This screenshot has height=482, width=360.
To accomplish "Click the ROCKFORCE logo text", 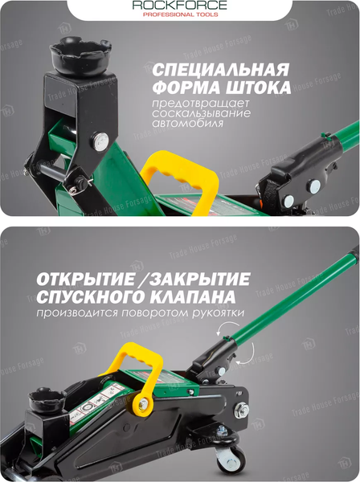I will point(180,6).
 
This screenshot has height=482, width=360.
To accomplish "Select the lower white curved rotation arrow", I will point(248,353).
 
